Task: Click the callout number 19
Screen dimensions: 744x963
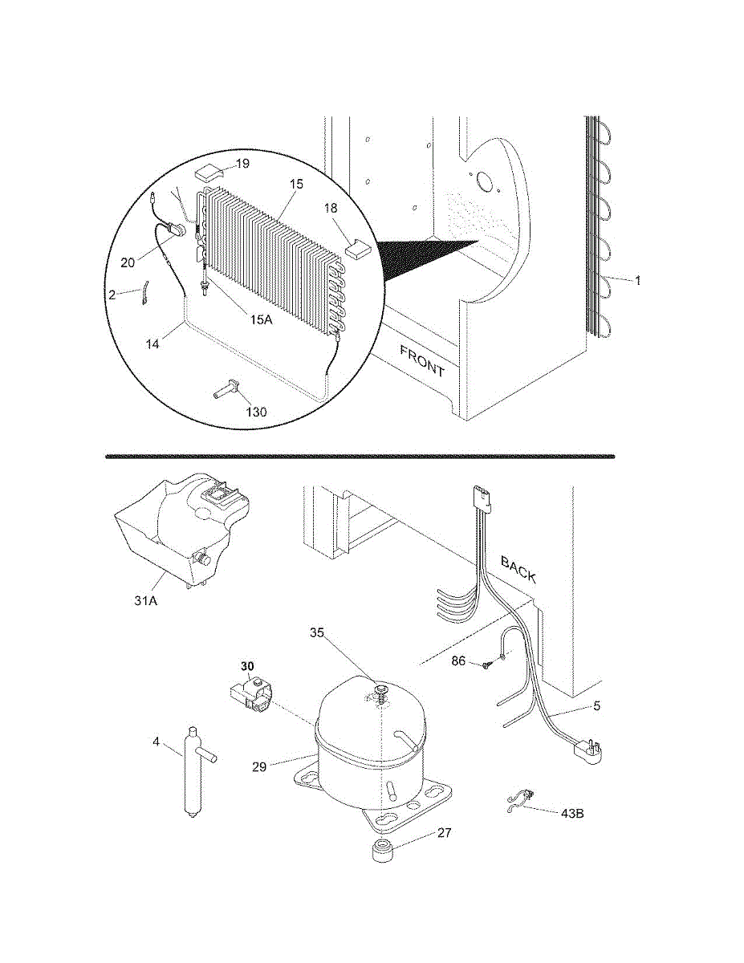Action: click(x=242, y=164)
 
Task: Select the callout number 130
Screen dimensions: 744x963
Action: click(x=256, y=412)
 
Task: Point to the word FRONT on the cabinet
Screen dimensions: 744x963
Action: click(x=421, y=361)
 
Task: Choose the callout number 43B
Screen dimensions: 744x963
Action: click(x=571, y=813)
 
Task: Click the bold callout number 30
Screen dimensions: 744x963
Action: click(x=246, y=666)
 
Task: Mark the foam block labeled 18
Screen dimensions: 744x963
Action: click(x=356, y=247)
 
